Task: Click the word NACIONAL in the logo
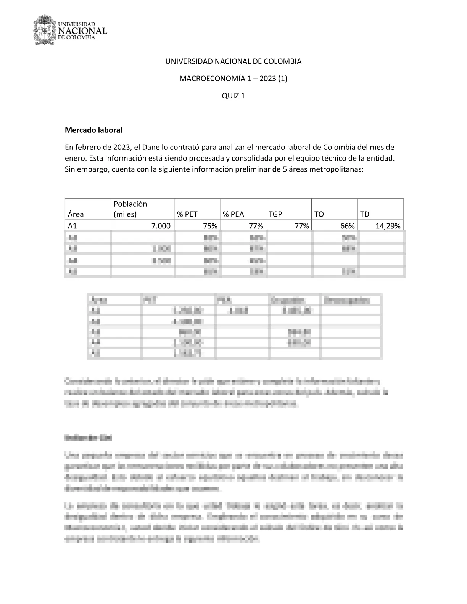82,31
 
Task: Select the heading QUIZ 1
233,96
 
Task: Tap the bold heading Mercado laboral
93,130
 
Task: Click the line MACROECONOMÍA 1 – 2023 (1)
233,79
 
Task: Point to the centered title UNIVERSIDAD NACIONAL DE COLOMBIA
233,61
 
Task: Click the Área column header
76,214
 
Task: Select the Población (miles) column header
130,209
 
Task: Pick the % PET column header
187,214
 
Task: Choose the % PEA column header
233,214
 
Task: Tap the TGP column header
275,214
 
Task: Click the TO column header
319,214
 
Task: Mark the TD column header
365,214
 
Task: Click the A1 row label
72,226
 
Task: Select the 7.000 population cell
161,226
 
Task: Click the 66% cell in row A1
347,226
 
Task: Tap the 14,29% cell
388,226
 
